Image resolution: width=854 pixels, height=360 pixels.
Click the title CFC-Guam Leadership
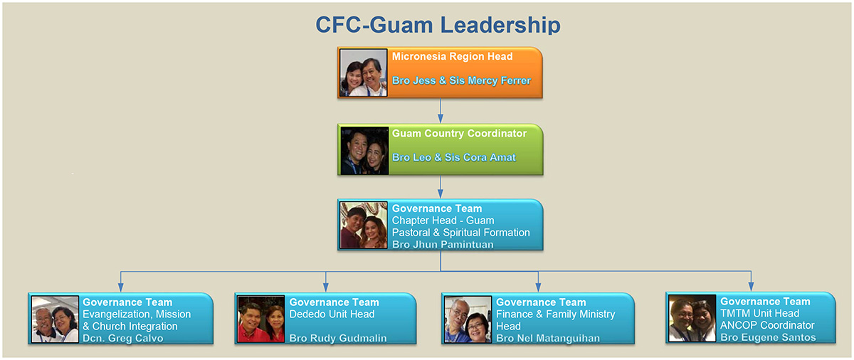tap(438, 25)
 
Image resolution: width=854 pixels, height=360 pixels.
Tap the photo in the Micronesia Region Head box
tap(364, 73)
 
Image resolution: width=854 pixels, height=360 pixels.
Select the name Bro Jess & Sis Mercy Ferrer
tap(461, 81)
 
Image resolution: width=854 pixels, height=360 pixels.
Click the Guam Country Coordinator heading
tap(459, 134)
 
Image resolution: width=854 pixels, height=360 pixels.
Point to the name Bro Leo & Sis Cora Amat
tap(453, 157)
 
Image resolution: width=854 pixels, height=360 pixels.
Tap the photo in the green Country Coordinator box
tap(364, 150)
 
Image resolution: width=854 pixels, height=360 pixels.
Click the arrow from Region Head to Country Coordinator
tap(441, 110)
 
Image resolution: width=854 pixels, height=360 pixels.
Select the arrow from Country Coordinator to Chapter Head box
tap(441, 186)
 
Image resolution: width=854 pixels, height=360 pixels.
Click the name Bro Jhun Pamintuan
tap(443, 245)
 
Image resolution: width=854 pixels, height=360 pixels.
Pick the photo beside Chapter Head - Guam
tap(364, 225)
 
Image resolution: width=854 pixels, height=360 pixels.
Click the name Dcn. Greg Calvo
tap(122, 338)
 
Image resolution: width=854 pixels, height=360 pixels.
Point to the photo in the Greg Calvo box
tap(55, 319)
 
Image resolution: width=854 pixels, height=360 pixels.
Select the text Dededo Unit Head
tap(332, 314)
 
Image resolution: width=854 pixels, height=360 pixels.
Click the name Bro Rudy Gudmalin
tap(337, 338)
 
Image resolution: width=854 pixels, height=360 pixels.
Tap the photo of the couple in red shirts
tap(261, 319)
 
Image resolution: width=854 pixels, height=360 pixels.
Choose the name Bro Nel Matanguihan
tap(547, 338)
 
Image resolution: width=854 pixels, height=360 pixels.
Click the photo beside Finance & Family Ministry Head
tap(468, 319)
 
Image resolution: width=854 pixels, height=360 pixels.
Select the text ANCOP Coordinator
tap(767, 325)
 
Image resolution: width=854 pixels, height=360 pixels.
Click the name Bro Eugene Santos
tap(768, 337)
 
